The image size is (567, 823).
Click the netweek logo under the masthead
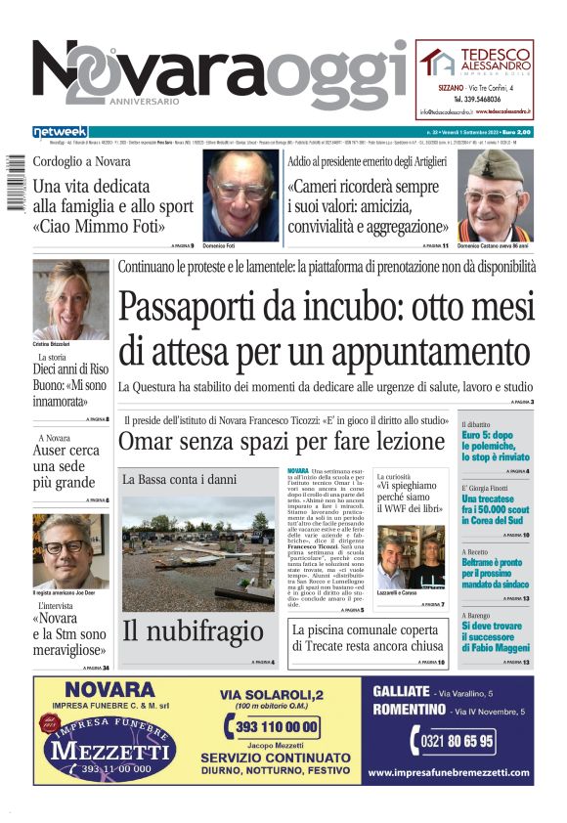click(x=60, y=131)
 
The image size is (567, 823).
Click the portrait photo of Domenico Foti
click(x=240, y=195)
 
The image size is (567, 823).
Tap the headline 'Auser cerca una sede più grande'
click(x=69, y=466)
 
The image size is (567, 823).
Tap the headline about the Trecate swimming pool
click(x=365, y=638)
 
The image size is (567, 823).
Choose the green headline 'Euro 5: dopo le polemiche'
click(x=496, y=447)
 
